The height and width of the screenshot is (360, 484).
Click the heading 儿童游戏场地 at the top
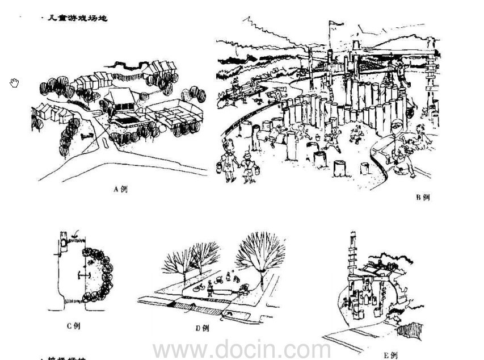(77, 18)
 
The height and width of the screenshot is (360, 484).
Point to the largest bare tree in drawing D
(261, 253)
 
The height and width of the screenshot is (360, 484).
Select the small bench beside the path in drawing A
(86, 136)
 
